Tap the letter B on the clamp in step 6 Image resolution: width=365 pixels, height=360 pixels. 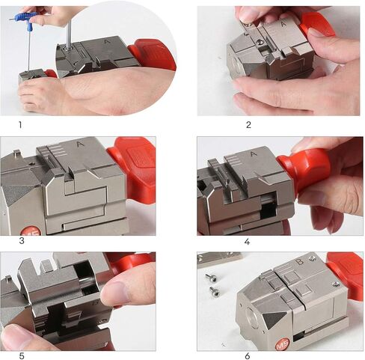[301, 264]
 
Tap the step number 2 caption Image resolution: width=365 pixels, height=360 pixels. [248, 124]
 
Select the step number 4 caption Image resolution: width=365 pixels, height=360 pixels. [248, 241]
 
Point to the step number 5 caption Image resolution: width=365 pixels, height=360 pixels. [21, 356]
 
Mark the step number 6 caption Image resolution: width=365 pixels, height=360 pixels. [247, 356]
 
